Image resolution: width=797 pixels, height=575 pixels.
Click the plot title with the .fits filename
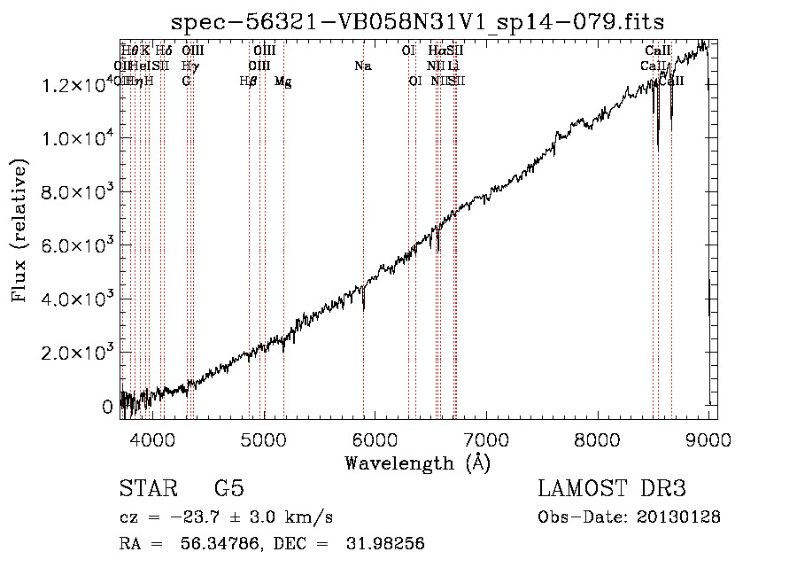pyautogui.click(x=418, y=20)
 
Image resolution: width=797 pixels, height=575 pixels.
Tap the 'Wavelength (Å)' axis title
pyautogui.click(x=418, y=462)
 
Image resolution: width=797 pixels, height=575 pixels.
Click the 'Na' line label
pyautogui.click(x=362, y=66)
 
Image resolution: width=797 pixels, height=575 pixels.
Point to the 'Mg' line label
pyautogui.click(x=282, y=82)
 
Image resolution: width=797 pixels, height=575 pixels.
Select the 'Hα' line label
pyautogui.click(x=437, y=51)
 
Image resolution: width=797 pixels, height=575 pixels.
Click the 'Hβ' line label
pyautogui.click(x=249, y=82)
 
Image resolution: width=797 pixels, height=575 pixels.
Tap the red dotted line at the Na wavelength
pyautogui.click(x=363, y=221)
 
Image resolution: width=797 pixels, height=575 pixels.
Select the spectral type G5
pyautogui.click(x=228, y=490)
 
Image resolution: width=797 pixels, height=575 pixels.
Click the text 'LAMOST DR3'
pyautogui.click(x=612, y=489)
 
